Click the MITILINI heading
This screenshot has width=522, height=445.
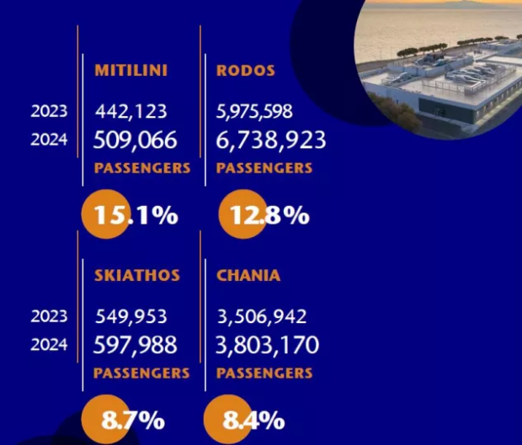pyautogui.click(x=130, y=71)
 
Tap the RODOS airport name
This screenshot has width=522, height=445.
pyautogui.click(x=246, y=71)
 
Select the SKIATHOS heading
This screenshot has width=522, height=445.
pyautogui.click(x=136, y=276)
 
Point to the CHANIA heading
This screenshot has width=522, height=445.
pyautogui.click(x=248, y=276)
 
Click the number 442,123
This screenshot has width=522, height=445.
pyautogui.click(x=130, y=111)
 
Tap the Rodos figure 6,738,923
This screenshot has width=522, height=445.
pyautogui.click(x=270, y=139)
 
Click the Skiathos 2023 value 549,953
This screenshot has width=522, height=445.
pyautogui.click(x=130, y=317)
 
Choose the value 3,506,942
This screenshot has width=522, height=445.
pyautogui.click(x=261, y=317)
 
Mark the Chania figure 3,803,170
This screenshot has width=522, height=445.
pyautogui.click(x=267, y=345)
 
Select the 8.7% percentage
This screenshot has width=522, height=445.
pyautogui.click(x=132, y=420)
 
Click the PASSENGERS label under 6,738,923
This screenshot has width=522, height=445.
pyautogui.click(x=264, y=168)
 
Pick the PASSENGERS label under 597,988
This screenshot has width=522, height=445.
pyautogui.click(x=141, y=373)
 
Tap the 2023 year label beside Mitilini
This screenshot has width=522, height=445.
pyautogui.click(x=49, y=111)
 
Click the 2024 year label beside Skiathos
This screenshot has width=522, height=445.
pyautogui.click(x=49, y=345)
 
